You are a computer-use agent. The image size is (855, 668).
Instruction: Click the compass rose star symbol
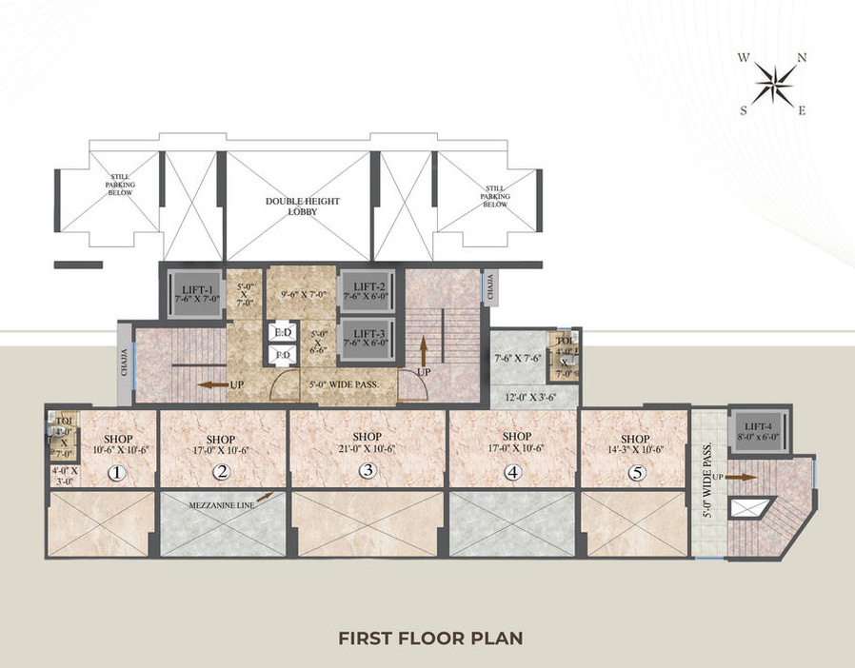pos(772,84)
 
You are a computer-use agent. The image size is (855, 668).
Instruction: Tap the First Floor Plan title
pos(430,637)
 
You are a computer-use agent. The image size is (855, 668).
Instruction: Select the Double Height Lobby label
pos(303,206)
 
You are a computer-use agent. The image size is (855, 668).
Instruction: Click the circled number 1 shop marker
pos(116,472)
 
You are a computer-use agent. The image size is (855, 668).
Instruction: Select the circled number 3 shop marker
pos(367,470)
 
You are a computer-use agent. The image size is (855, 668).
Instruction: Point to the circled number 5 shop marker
pos(635,471)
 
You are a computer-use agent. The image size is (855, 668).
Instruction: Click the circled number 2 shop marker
pos(221,471)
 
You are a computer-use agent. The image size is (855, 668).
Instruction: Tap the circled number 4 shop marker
pos(512,471)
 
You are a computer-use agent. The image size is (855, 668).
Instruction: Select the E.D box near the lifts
pos(282,334)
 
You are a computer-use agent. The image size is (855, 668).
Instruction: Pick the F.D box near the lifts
pos(282,355)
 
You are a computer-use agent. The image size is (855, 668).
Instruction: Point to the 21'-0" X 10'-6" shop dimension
pos(367,449)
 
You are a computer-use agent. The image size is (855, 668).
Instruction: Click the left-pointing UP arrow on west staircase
pos(209,385)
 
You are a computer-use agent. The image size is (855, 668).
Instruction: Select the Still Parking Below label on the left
pos(120,186)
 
